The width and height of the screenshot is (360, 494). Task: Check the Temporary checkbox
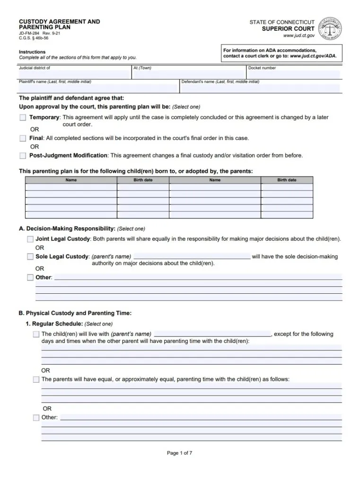pyautogui.click(x=23, y=117)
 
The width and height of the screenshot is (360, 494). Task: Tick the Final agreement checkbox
pyautogui.click(x=23, y=138)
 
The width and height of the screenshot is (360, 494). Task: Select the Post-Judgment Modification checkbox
pyautogui.click(x=23, y=155)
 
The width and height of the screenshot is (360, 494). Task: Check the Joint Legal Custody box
pyautogui.click(x=30, y=239)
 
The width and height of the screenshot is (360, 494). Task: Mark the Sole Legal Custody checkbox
pyautogui.click(x=30, y=257)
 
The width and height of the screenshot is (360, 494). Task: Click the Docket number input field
pyautogui.click(x=293, y=74)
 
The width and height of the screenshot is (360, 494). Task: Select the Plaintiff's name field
pyautogui.click(x=97, y=88)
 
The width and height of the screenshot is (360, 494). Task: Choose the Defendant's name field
pyautogui.click(x=260, y=88)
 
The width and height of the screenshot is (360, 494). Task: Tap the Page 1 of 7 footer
pyautogui.click(x=180, y=453)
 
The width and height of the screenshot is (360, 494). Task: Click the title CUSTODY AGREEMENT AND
pyautogui.click(x=59, y=22)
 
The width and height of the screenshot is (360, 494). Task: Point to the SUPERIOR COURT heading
pyautogui.click(x=288, y=29)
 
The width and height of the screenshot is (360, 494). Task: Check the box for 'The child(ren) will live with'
pyautogui.click(x=36, y=334)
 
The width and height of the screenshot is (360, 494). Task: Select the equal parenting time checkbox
pyautogui.click(x=36, y=379)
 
